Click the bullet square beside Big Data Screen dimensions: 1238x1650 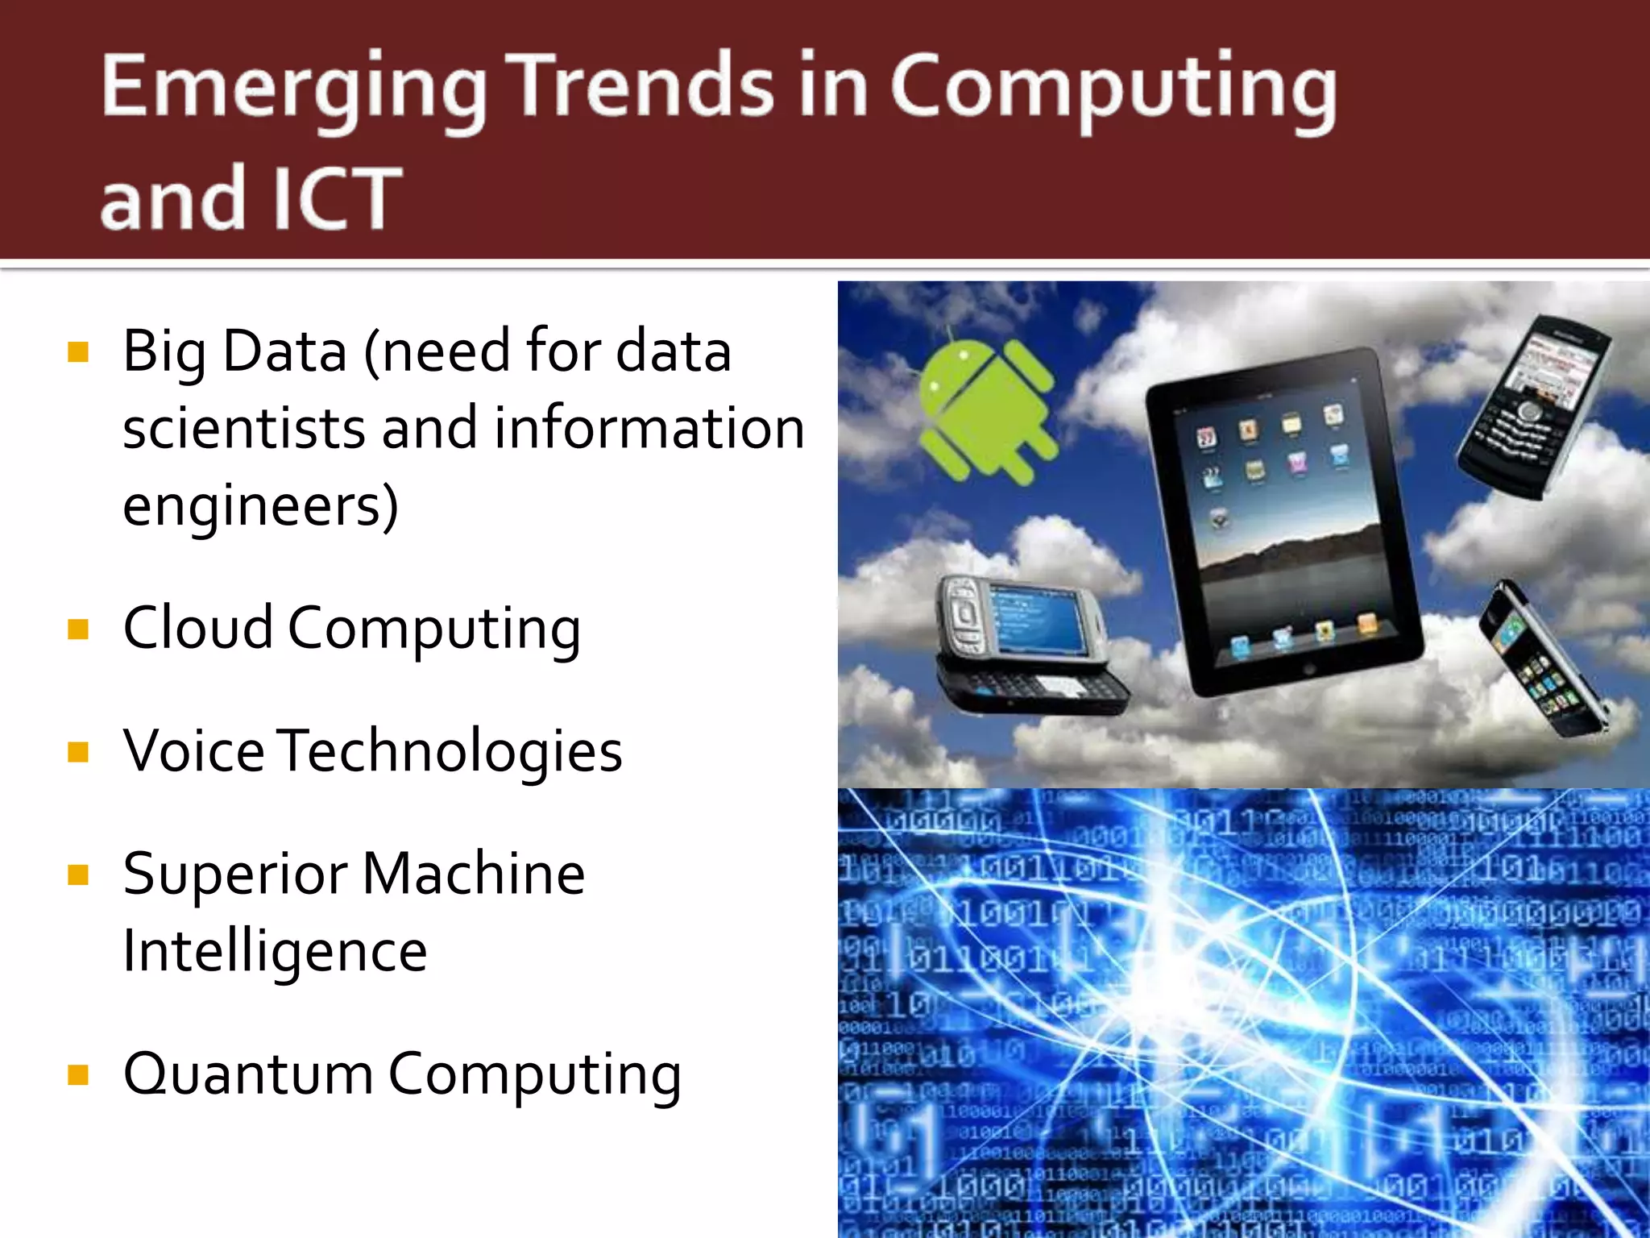click(x=78, y=352)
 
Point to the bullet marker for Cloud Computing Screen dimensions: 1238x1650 click(x=78, y=629)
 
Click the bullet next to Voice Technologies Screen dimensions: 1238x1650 click(x=78, y=752)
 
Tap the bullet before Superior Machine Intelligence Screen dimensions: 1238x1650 click(x=78, y=874)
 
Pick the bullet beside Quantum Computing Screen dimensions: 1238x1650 click(x=78, y=1074)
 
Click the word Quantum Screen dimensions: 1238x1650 click(x=248, y=1074)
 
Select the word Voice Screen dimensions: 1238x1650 click(x=194, y=751)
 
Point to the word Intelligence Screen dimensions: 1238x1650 click(x=275, y=952)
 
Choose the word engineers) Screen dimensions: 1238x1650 click(x=260, y=506)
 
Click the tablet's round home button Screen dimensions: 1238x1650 click(x=1308, y=670)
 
